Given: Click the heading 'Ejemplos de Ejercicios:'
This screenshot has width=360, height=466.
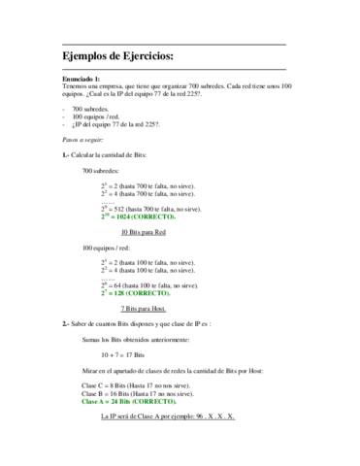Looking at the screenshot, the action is coord(117,57).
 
